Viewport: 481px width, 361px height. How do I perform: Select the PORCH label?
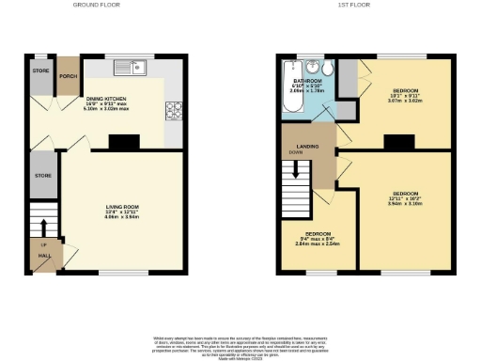69,75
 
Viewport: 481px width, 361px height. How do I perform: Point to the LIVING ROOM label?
122,207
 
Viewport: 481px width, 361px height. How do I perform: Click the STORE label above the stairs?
42,175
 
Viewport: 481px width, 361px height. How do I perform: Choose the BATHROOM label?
307,83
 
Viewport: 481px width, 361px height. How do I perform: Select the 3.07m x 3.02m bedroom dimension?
406,101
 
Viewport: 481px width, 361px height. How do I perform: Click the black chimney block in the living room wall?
121,143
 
